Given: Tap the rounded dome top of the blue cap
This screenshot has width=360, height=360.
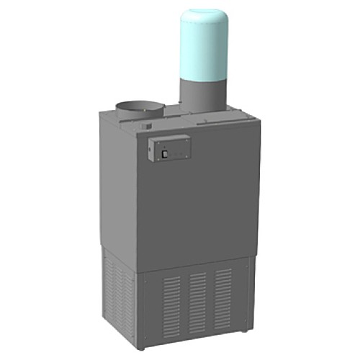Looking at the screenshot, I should pos(204,16).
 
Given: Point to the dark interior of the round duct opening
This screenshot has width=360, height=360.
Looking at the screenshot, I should pos(140,107).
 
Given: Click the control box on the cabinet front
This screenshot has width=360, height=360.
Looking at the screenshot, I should pos(169,148).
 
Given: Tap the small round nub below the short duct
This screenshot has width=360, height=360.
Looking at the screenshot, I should pos(147,127).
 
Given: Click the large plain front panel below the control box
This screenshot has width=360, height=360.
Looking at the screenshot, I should pos(194,209).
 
